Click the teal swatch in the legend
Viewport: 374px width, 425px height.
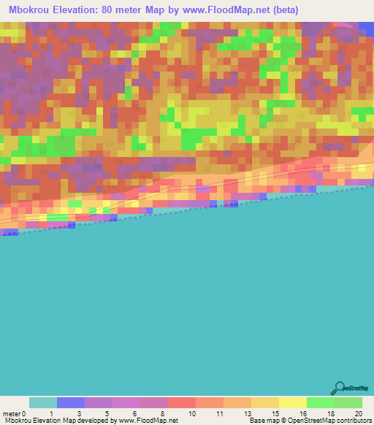[43, 402]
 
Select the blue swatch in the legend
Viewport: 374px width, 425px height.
[71, 402]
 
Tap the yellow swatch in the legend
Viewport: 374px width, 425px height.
[293, 402]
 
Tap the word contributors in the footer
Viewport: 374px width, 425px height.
[354, 421]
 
